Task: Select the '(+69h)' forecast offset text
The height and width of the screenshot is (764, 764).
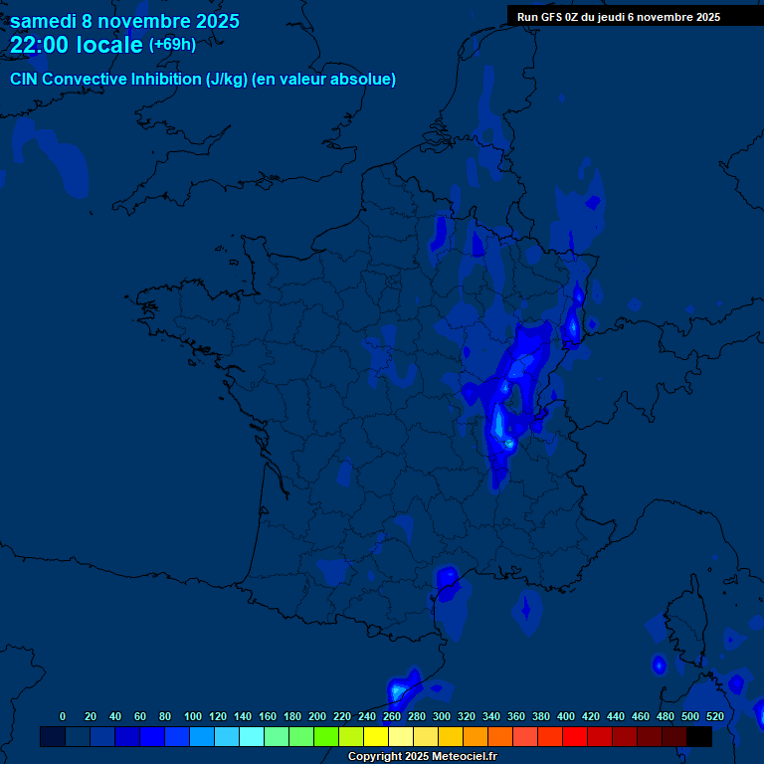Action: click(172, 45)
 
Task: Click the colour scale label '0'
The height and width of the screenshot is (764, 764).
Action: click(63, 716)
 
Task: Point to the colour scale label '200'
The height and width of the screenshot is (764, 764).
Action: click(317, 716)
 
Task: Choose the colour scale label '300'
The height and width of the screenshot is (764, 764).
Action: click(442, 716)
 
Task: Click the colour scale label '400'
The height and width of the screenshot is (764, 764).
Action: click(566, 716)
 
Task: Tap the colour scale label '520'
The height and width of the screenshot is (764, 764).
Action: click(714, 716)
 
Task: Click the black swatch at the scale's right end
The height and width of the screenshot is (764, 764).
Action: click(699, 737)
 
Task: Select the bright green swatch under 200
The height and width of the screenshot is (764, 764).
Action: click(326, 737)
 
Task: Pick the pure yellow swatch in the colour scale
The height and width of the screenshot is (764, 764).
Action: click(376, 737)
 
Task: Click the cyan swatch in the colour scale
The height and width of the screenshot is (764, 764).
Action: click(252, 737)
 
